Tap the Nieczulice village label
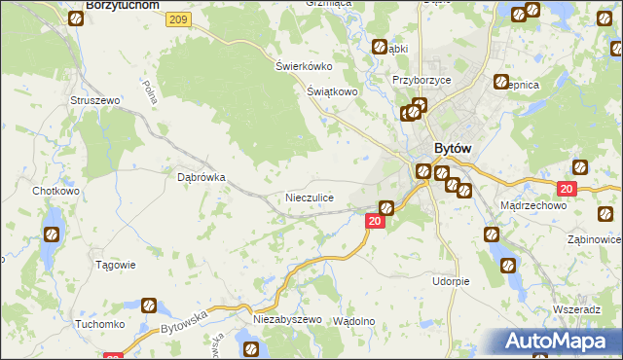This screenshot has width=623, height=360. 310,198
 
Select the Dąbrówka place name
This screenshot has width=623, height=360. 202,178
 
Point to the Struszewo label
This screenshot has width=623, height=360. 94,100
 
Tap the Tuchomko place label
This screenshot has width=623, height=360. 98,325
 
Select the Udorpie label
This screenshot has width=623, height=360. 451,281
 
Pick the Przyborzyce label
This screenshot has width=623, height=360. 420,81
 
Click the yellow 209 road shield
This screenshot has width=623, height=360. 177,19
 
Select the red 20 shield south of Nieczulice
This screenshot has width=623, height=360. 376,222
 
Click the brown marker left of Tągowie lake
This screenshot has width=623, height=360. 52,234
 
